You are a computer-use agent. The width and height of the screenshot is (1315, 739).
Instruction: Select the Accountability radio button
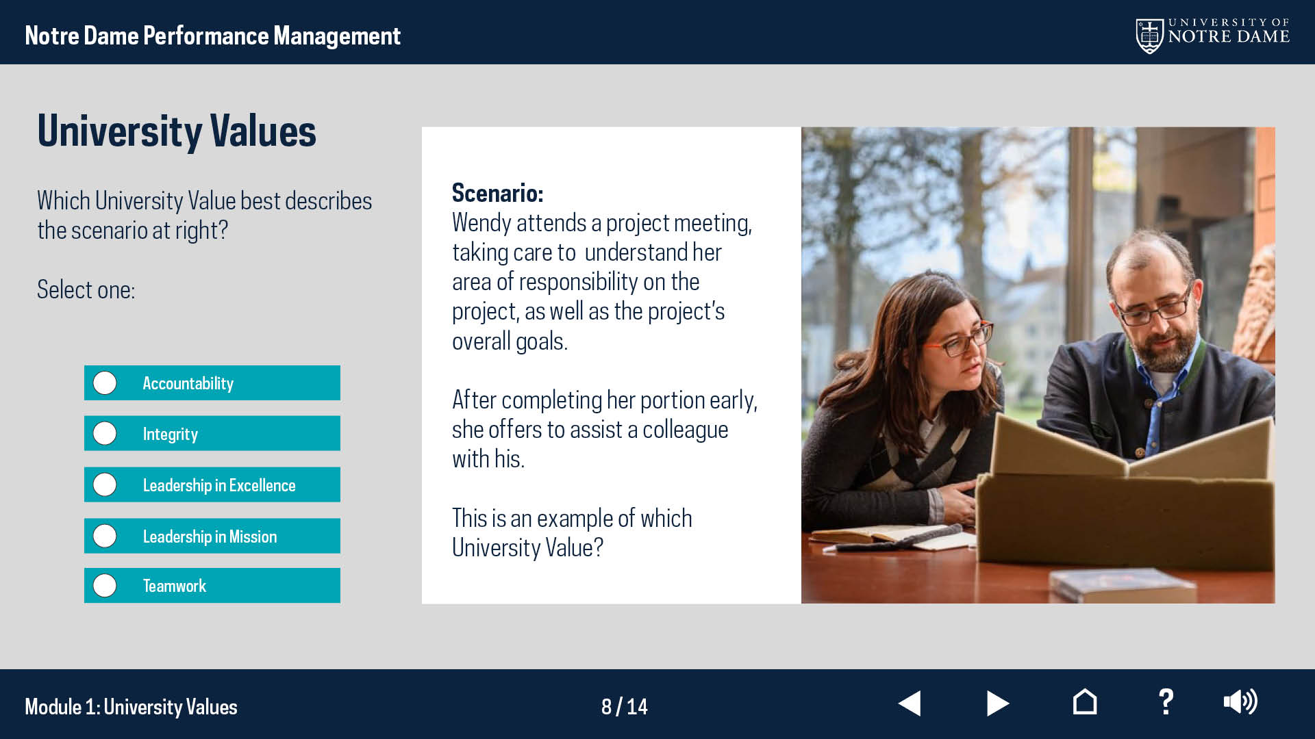[105, 383]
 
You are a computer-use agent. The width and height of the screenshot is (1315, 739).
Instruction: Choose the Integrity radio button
[105, 433]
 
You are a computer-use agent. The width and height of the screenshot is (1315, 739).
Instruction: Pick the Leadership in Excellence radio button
[105, 484]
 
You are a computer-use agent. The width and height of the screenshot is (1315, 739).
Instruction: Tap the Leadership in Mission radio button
[105, 536]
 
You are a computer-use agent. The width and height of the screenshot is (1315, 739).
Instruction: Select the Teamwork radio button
[105, 586]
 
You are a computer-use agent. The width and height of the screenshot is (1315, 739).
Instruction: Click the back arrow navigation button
[910, 703]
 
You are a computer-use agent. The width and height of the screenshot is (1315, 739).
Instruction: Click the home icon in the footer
[1085, 702]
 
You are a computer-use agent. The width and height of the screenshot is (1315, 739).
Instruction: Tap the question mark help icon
[1166, 703]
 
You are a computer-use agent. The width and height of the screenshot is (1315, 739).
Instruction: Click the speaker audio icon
[1240, 702]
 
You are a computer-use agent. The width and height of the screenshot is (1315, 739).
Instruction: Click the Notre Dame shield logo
[1149, 36]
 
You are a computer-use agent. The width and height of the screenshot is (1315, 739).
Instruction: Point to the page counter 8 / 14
[625, 706]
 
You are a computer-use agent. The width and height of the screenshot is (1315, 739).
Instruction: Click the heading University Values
[177, 131]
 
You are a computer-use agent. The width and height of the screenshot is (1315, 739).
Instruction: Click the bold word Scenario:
[497, 193]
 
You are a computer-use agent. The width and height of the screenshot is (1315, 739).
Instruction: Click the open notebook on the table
[890, 536]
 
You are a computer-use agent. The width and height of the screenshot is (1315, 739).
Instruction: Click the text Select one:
[86, 290]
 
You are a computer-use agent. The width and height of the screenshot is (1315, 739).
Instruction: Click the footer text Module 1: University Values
[131, 707]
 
